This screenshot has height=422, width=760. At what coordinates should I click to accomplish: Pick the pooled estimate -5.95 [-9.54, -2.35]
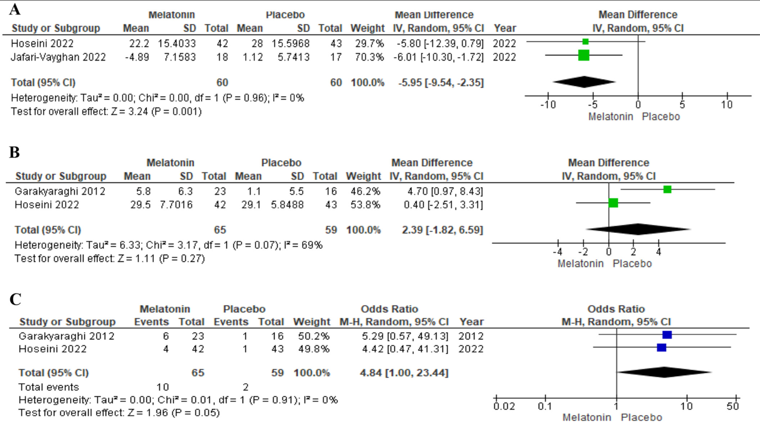(438, 83)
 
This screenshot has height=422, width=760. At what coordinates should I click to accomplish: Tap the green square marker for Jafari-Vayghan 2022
(583, 55)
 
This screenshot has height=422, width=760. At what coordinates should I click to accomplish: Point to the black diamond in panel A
(584, 82)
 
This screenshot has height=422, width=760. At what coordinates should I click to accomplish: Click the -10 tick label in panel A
(547, 104)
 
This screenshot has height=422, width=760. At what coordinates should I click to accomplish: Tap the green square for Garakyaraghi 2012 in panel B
(667, 189)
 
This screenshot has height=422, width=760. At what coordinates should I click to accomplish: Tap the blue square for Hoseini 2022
(662, 348)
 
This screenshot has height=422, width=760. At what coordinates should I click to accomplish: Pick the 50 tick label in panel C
(734, 405)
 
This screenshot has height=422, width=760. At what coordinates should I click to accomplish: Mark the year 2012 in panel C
(471, 335)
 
